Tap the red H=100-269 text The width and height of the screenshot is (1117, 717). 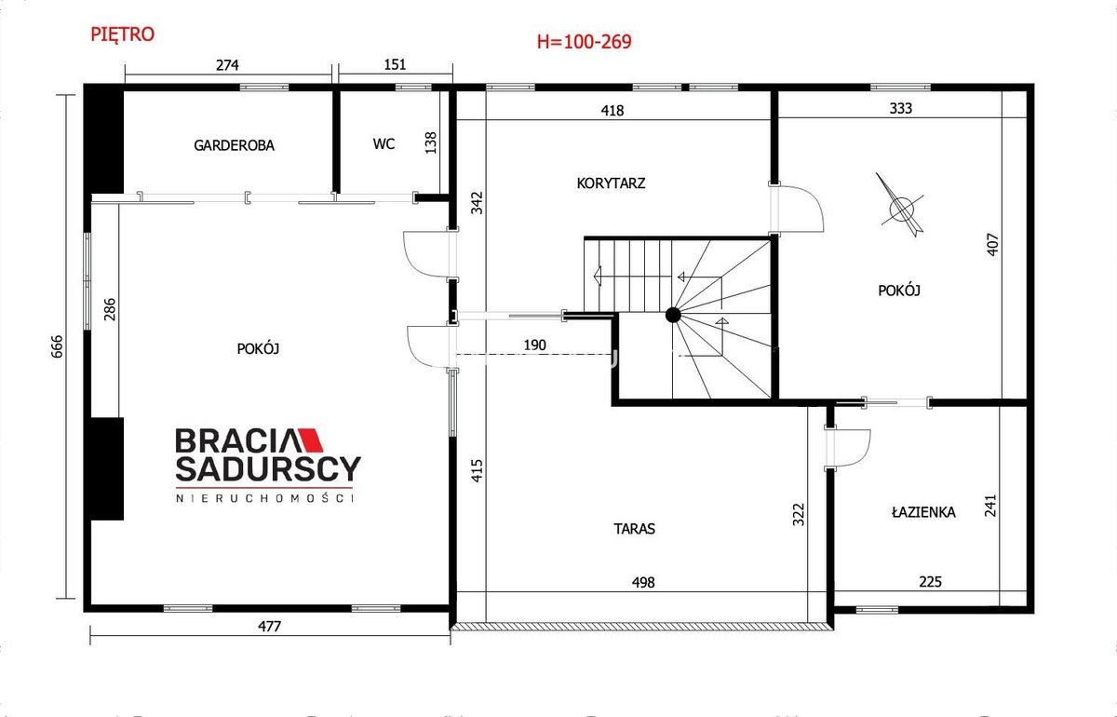click(584, 41)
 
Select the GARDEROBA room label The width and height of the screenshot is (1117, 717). click(234, 145)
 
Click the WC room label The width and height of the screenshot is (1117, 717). click(384, 143)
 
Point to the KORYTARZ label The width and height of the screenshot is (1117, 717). click(611, 183)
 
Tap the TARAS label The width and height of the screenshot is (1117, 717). click(634, 528)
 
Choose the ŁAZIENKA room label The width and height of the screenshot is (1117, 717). click(923, 512)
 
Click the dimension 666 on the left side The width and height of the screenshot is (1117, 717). click(58, 346)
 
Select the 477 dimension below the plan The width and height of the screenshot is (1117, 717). click(269, 626)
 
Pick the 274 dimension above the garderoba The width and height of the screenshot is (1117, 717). click(227, 65)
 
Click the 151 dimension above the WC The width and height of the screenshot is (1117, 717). click(395, 64)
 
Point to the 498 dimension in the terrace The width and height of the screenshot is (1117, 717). click(643, 582)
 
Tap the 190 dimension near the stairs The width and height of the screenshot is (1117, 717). click(534, 345)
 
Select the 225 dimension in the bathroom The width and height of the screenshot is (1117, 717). click(931, 581)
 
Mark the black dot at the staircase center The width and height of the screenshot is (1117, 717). click(673, 315)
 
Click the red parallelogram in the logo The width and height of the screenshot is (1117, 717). click(310, 440)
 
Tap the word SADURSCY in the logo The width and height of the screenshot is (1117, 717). click(268, 468)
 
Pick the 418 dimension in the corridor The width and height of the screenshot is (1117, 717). click(612, 110)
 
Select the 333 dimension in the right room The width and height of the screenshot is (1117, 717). click(901, 108)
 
